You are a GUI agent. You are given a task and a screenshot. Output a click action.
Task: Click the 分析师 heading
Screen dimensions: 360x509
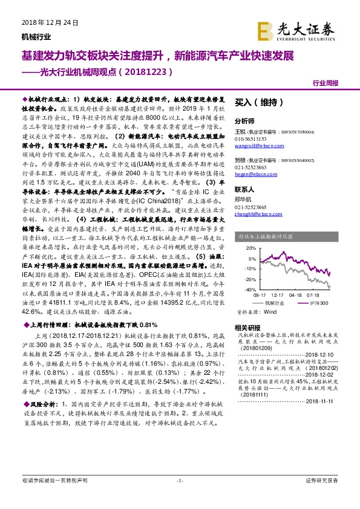(x=244, y=120)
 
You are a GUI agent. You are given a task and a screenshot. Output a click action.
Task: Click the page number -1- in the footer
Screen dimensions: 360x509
(x=179, y=480)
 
